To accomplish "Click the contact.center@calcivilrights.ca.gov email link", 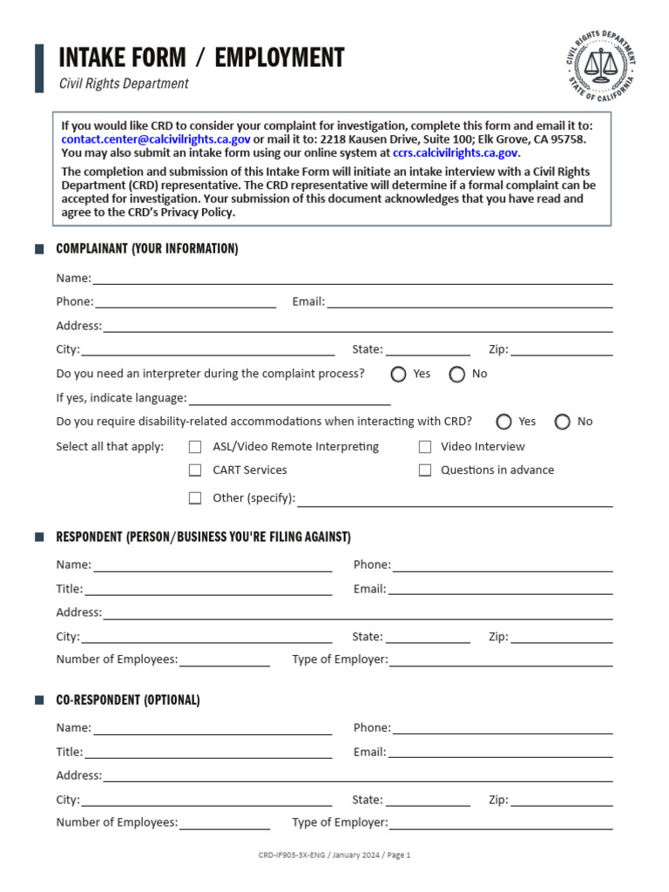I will tap(156, 139).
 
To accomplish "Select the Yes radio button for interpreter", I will tap(399, 375).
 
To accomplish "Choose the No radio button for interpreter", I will tap(457, 375).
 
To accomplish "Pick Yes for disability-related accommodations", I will tap(504, 422).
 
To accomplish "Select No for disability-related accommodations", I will tap(563, 422).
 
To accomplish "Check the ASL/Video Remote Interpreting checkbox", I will tap(195, 447).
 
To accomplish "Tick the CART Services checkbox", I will tap(195, 470).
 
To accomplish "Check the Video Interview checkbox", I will tap(425, 447).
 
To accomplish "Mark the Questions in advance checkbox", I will tap(425, 470).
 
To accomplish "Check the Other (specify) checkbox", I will tap(195, 498).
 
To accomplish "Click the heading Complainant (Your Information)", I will tap(147, 249).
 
